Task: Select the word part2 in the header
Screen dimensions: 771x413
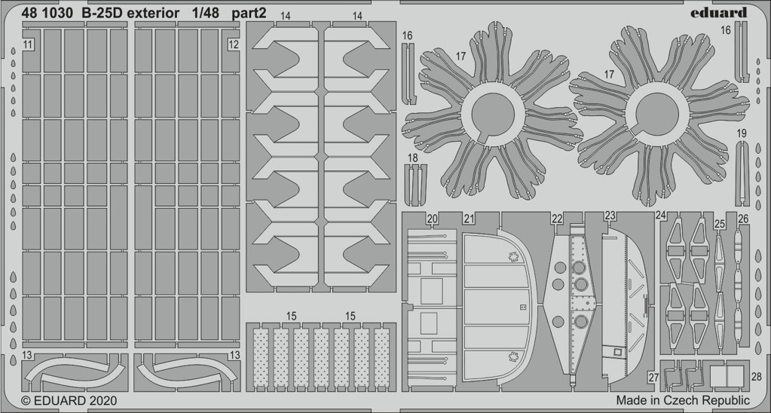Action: [249, 14]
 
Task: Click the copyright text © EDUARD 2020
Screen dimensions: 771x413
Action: [69, 401]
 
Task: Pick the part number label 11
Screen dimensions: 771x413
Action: [28, 44]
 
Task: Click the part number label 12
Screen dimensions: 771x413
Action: [234, 44]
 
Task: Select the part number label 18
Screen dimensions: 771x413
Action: [413, 158]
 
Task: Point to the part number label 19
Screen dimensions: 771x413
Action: [742, 133]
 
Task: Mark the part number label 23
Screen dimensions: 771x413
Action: [610, 216]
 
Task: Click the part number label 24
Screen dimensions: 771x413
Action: [661, 216]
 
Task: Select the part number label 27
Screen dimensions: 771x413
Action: [653, 378]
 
